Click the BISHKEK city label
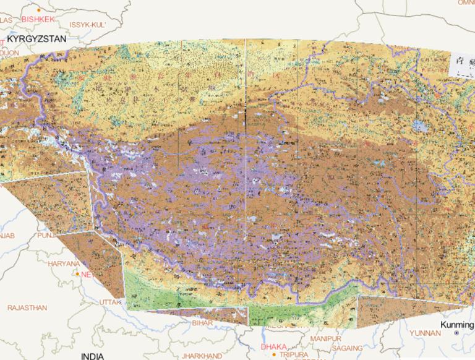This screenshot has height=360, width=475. tap(38, 19)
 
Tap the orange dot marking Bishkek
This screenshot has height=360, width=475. tap(38, 11)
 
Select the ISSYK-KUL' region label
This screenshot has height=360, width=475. tap(88, 25)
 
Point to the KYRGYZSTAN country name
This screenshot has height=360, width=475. tap(37, 38)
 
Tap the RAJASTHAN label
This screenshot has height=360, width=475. tap(27, 307)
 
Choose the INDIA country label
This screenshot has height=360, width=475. tap(92, 356)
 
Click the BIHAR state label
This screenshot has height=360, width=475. tap(202, 323)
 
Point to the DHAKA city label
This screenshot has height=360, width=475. tap(274, 347)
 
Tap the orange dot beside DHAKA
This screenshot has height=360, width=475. tap(273, 354)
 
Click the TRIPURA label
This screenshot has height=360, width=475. tap(294, 355)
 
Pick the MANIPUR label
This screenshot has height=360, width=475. tap(325, 340)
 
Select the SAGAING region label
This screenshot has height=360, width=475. tap(349, 348)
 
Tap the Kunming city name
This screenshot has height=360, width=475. tap(457, 325)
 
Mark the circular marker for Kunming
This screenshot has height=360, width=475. tap(456, 333)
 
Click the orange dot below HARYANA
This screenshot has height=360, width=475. tap(77, 273)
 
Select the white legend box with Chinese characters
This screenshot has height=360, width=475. tap(463, 64)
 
